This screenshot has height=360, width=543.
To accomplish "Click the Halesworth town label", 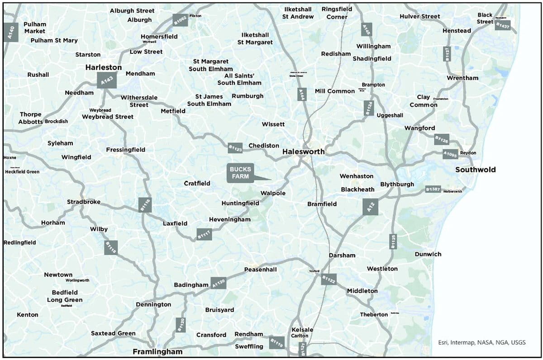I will (303, 152).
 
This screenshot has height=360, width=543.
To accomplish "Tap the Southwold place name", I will (475, 170).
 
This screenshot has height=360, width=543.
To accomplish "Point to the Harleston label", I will (104, 67).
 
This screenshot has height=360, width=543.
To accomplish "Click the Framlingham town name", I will (157, 351).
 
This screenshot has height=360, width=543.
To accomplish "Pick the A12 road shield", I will (370, 207).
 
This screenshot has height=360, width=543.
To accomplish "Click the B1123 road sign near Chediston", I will (235, 147).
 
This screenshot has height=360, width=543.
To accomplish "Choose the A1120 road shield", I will (218, 283).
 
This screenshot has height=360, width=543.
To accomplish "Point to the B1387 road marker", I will (433, 190).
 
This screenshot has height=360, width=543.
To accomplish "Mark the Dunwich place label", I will (428, 254).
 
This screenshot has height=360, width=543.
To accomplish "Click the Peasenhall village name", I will (260, 270).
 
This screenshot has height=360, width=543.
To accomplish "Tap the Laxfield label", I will (175, 223).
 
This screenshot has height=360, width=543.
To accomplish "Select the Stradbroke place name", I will (84, 202).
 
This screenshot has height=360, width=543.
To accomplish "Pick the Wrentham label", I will (462, 78).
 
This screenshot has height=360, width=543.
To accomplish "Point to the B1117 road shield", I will (204, 234).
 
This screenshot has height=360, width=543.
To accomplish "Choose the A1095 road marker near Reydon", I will (450, 155).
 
